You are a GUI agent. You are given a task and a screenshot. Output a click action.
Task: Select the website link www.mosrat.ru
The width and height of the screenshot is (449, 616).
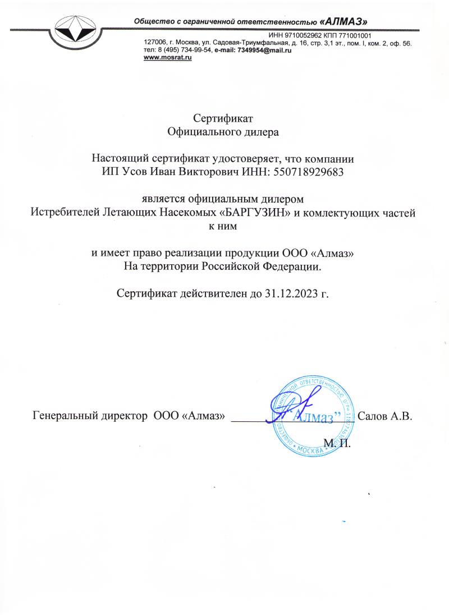click(x=168, y=58)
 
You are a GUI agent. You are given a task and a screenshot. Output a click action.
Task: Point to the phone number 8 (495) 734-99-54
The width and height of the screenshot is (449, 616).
click(x=179, y=50)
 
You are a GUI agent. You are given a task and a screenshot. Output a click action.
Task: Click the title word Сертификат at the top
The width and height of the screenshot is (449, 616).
click(x=224, y=118)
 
